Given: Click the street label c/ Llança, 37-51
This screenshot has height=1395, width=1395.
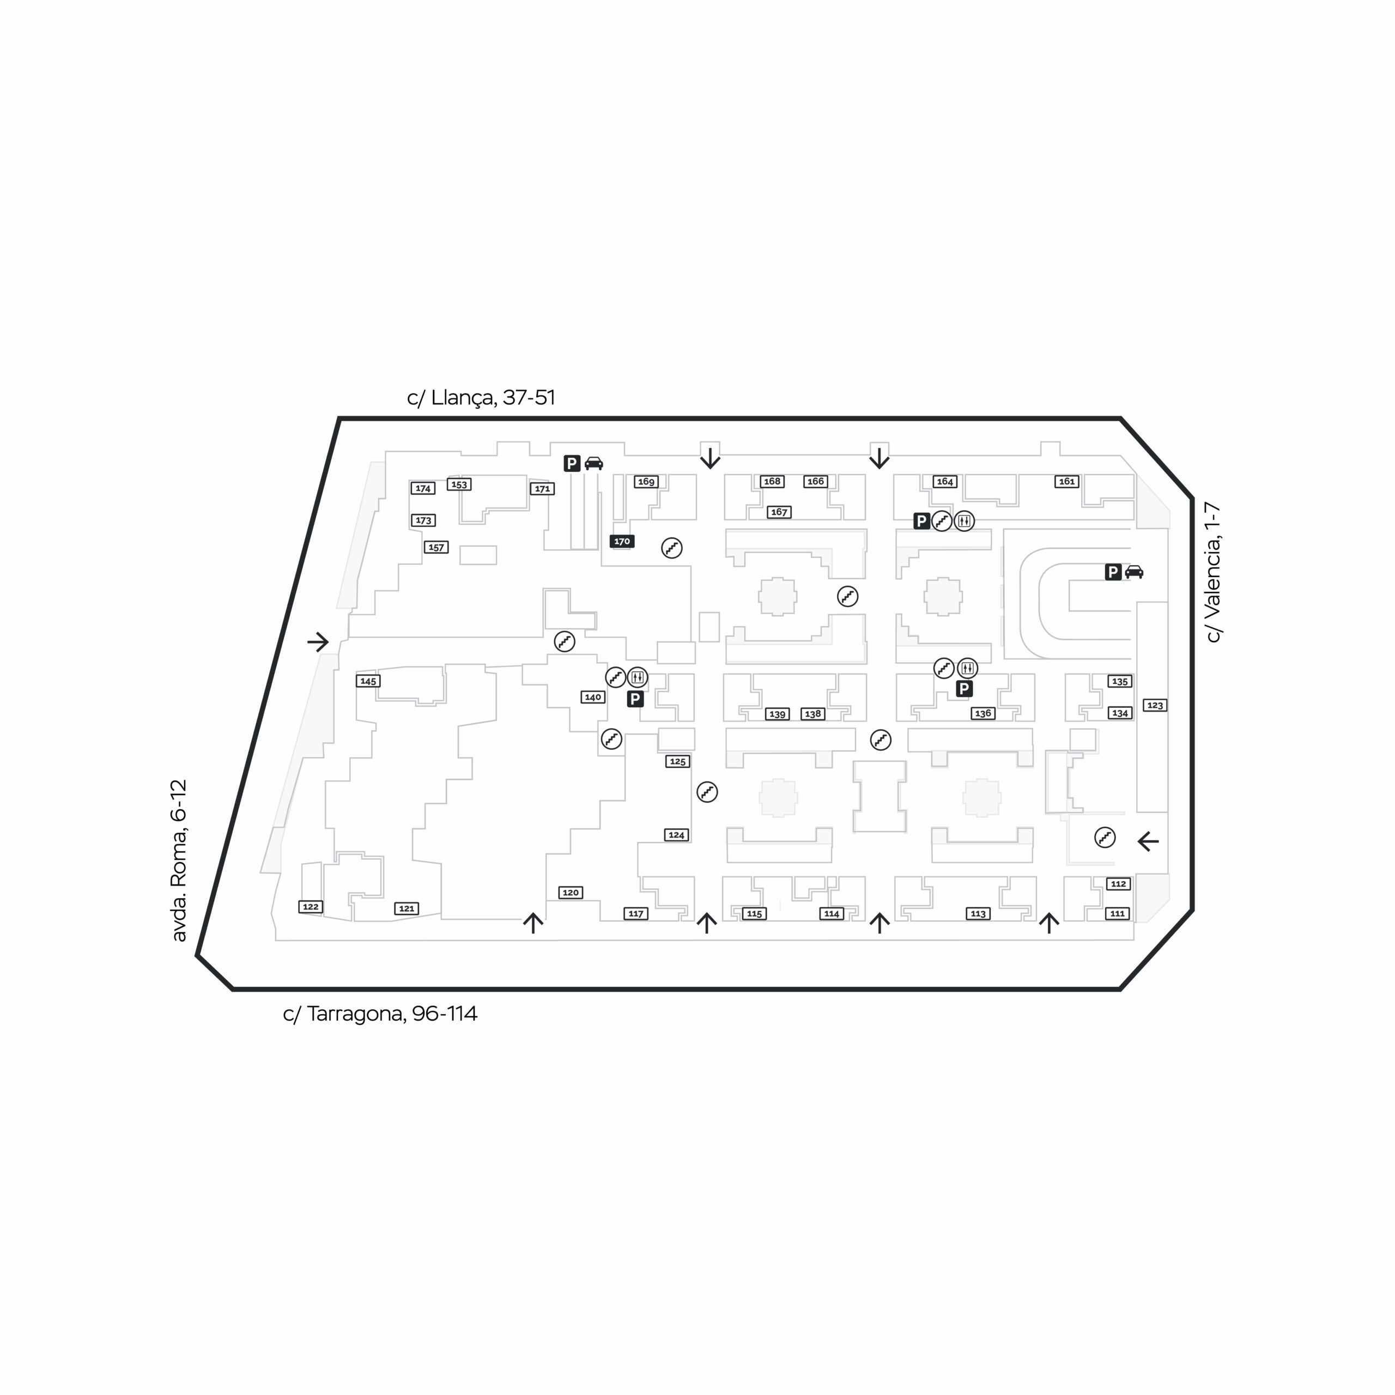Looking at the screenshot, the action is [481, 398].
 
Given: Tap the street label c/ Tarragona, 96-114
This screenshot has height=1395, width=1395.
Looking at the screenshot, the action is [380, 1014].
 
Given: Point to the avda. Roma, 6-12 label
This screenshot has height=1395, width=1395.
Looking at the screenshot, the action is [178, 860].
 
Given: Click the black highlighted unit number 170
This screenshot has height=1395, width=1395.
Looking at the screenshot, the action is [622, 541].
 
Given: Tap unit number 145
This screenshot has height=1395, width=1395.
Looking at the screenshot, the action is [368, 681].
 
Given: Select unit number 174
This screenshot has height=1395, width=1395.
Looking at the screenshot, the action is [423, 488].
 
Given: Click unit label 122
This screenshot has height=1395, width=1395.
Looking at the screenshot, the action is [311, 906].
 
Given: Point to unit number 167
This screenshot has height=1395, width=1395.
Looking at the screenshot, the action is [779, 512].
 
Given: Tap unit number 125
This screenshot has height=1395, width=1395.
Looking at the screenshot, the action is [677, 761].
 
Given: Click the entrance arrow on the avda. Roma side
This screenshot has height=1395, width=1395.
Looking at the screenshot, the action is [318, 641].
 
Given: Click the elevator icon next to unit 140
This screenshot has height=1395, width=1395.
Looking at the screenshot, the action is [637, 677].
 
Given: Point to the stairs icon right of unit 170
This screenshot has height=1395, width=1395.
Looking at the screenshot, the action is [671, 548].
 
